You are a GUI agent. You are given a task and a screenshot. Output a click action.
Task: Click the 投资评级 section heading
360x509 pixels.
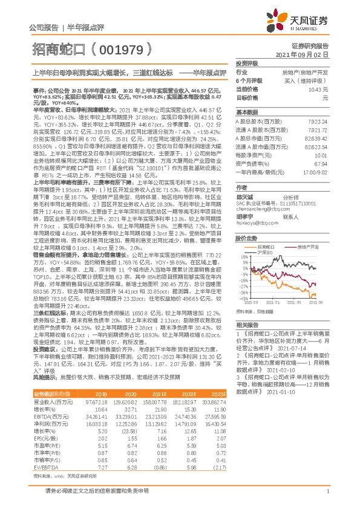tap(247, 63)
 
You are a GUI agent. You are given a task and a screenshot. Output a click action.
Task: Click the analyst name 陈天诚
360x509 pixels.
tap(244, 196)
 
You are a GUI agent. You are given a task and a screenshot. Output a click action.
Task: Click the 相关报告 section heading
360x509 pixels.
tap(247, 325)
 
